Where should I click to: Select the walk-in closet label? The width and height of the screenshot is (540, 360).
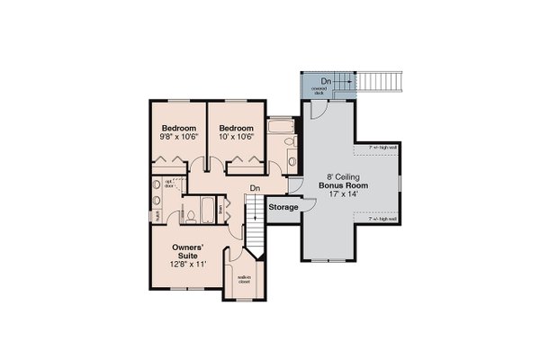pos(243,280)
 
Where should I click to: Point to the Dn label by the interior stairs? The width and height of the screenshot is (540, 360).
pos(255,188)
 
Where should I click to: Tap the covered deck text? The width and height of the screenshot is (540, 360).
pos(319,91)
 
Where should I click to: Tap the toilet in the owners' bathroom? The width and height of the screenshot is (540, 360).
pos(191,215)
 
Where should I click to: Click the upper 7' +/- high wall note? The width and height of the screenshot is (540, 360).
pos(382,147)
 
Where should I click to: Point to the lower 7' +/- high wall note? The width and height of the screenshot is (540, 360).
pos(382,219)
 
